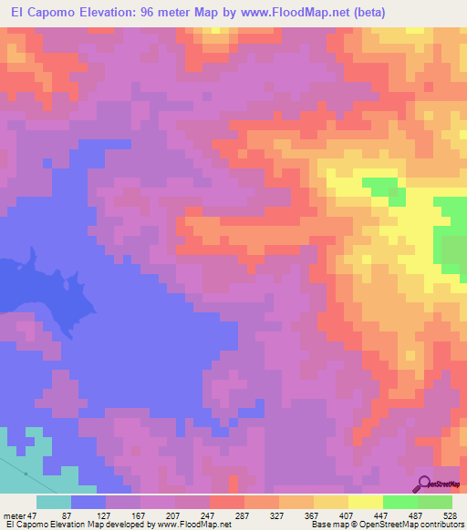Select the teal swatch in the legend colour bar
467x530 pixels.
coord(54,502)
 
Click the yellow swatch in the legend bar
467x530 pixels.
coord(366,502)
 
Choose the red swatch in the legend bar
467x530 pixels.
coord(227,502)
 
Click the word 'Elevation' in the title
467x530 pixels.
coord(103,13)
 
